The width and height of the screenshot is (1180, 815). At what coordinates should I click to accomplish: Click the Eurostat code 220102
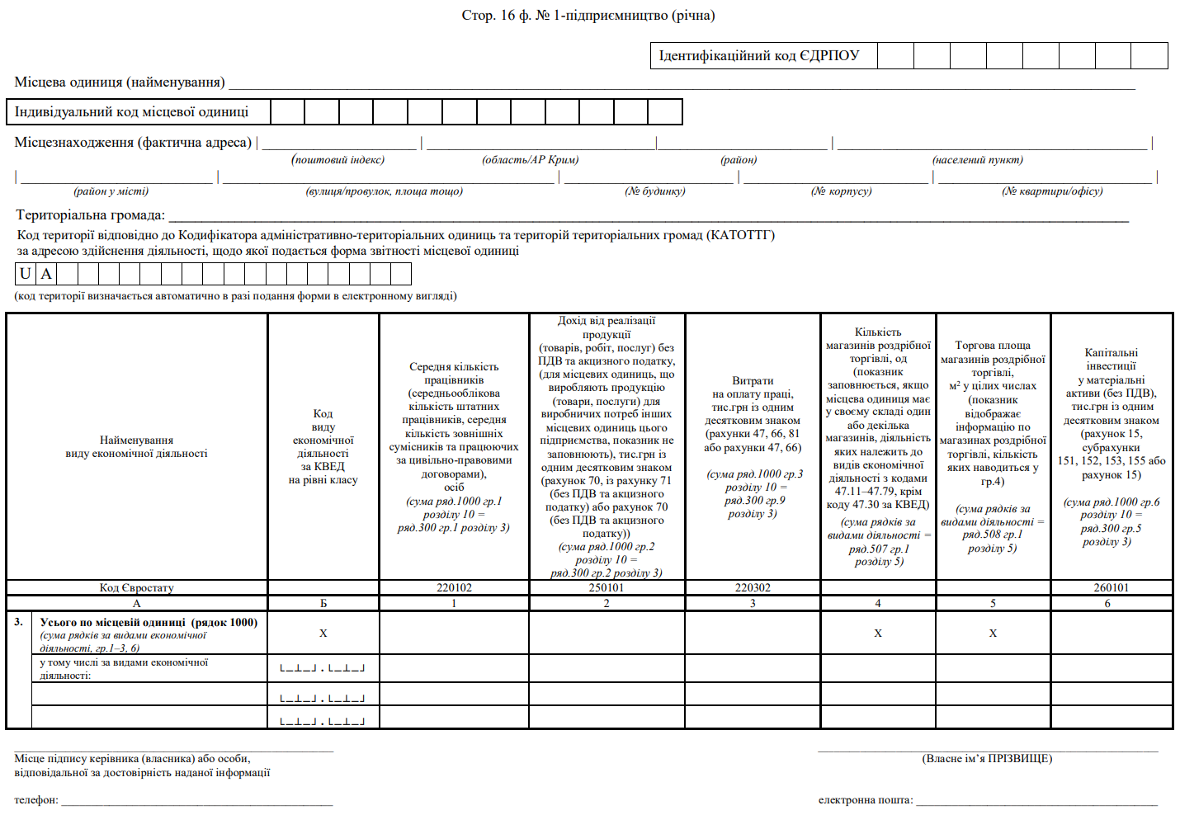pos(454,587)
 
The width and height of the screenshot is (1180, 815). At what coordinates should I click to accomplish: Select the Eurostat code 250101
pos(607,587)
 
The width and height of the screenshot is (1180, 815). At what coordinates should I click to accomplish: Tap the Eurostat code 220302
pos(753,587)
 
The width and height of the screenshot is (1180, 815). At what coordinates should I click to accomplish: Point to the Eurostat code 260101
pos(1112,587)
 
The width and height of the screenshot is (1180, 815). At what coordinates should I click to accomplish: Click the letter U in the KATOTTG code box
pos(26,274)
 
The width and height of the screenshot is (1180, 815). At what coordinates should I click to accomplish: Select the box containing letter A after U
pos(46,274)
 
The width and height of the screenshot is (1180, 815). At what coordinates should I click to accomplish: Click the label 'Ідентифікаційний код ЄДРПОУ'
pos(758,55)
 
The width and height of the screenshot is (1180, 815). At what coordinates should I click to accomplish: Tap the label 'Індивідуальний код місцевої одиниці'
pos(131,111)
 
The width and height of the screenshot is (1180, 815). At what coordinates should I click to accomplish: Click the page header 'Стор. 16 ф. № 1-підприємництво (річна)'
pos(588,15)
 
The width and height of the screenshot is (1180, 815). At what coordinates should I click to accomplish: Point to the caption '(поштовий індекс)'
pos(338,159)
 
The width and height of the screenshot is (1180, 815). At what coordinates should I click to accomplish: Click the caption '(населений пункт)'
pos(978,159)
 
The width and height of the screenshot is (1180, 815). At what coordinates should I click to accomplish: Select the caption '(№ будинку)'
pos(655,191)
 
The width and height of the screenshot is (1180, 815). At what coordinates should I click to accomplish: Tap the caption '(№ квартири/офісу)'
pos(1052,191)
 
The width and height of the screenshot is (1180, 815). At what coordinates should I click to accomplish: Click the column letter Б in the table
pos(323,603)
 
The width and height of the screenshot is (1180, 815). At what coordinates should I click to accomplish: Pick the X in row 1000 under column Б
pos(323,633)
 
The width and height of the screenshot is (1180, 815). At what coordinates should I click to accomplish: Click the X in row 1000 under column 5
pos(993,633)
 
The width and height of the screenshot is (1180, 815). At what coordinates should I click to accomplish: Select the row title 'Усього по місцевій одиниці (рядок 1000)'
pos(149,622)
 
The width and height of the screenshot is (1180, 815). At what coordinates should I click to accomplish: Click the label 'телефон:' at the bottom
pos(36,799)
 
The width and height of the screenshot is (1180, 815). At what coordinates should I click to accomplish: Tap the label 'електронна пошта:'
pos(866,799)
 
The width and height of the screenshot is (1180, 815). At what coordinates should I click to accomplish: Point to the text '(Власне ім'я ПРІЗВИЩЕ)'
pos(987,758)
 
